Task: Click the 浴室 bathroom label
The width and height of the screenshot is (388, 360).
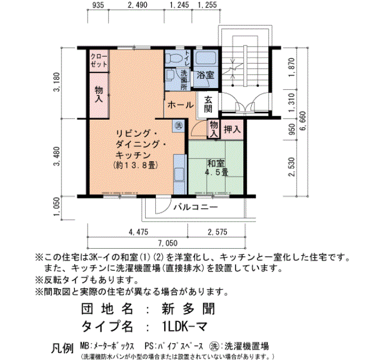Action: pyautogui.click(x=206, y=75)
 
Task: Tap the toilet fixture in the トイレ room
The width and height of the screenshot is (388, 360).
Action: pyautogui.click(x=174, y=59)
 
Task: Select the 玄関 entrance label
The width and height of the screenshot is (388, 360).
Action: pyautogui.click(x=208, y=105)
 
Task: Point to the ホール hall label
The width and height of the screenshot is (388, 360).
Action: pyautogui.click(x=180, y=105)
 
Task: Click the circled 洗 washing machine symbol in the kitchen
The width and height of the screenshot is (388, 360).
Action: pyautogui.click(x=178, y=125)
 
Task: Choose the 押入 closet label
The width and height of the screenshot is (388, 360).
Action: pyautogui.click(x=232, y=129)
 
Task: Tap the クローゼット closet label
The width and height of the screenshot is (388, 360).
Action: pyautogui.click(x=99, y=60)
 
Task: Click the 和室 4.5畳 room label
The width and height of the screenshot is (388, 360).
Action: pyautogui.click(x=216, y=168)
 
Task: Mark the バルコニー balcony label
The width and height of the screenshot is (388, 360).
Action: pyautogui.click(x=196, y=207)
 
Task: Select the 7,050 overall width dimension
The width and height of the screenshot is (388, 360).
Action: pyautogui.click(x=168, y=243)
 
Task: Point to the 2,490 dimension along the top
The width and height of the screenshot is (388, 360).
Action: pyautogui.click(x=137, y=5)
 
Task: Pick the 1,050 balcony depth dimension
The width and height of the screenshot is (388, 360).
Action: pyautogui.click(x=57, y=206)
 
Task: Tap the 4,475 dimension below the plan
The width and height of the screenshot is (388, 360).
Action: pyautogui.click(x=139, y=232)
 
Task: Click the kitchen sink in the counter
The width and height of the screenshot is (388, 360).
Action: pyautogui.click(x=179, y=174)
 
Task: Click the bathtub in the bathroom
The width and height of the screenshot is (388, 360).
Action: pyautogui.click(x=206, y=59)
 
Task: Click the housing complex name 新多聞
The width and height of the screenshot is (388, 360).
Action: pyautogui.click(x=188, y=309)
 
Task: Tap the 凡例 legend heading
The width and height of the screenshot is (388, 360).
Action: pyautogui.click(x=63, y=348)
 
